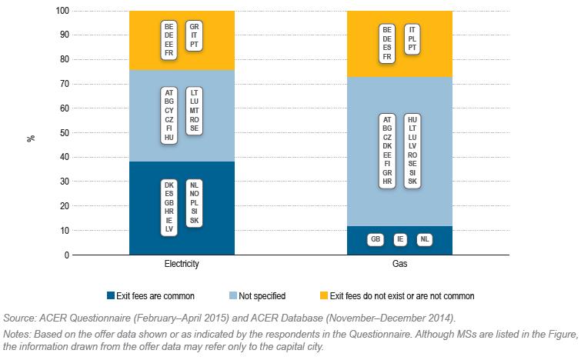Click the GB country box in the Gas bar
376,240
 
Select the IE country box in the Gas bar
400,240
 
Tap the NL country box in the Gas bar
424,240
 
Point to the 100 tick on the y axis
63,12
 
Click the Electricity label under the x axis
182,265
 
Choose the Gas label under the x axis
399,265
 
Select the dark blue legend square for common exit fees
111,295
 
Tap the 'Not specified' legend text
263,295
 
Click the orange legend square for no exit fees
323,295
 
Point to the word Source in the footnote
18,317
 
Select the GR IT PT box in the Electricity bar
194,36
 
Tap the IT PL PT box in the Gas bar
412,38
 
